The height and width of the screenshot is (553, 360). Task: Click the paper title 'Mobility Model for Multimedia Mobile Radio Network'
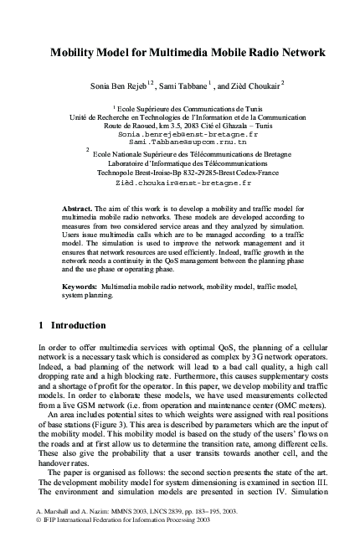click(x=188, y=52)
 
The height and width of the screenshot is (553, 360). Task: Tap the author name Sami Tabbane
click(x=193, y=85)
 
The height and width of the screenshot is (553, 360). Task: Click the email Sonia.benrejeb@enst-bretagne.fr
click(x=188, y=134)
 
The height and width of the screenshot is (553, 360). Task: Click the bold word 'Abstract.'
click(x=80, y=206)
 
